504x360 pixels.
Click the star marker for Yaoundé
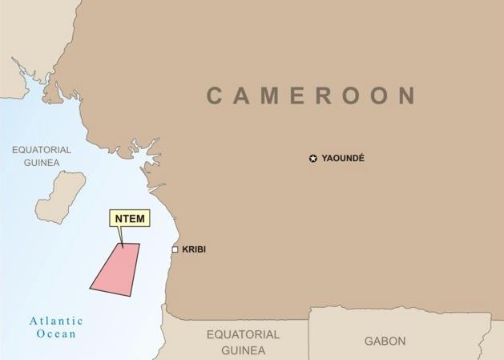pyautogui.click(x=312, y=159)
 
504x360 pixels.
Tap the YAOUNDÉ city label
pyautogui.click(x=343, y=159)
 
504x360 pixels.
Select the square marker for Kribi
pyautogui.click(x=175, y=250)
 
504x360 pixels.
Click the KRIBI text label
pyautogui.click(x=194, y=250)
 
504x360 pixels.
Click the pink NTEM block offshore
pyautogui.click(x=116, y=269)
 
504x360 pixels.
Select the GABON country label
pyautogui.click(x=385, y=341)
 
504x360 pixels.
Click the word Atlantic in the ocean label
pyautogui.click(x=56, y=321)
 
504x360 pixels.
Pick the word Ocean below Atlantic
pyautogui.click(x=56, y=334)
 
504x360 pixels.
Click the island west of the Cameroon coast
pyautogui.click(x=60, y=195)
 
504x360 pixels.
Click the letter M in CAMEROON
pyautogui.click(x=275, y=96)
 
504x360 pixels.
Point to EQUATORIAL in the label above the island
pyautogui.click(x=42, y=150)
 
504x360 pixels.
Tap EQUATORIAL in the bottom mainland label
pyautogui.click(x=244, y=334)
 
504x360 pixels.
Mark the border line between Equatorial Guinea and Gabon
pyautogui.click(x=309, y=337)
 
